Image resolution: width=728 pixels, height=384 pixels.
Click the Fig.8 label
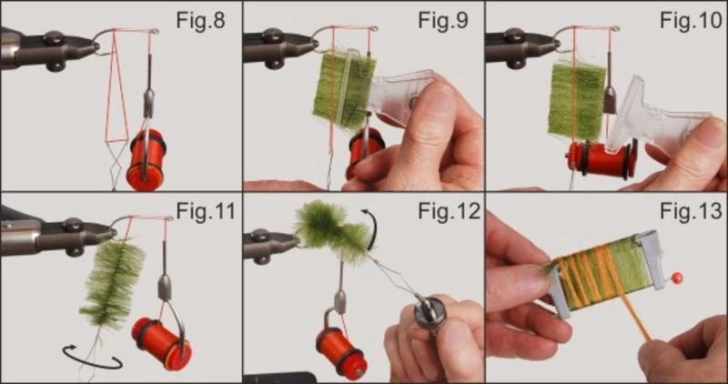coord(200,20)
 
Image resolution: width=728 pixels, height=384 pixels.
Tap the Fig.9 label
coord(443,20)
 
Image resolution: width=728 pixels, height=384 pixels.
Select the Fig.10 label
coord(691,20)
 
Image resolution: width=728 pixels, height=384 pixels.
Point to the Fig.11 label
coord(206,211)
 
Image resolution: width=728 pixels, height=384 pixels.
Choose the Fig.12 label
coord(449,211)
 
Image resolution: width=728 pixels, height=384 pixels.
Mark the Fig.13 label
coord(691,211)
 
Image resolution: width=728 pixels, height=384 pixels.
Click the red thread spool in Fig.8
coord(146,159)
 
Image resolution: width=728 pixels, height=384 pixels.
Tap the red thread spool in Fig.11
coord(162,343)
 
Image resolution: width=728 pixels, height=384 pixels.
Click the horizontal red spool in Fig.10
coord(602,160)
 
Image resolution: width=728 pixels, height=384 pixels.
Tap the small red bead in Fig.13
coord(677,278)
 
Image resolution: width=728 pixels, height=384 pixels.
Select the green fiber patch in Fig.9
coord(344,91)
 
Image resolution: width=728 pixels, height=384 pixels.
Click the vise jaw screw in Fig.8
coord(55,37)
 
